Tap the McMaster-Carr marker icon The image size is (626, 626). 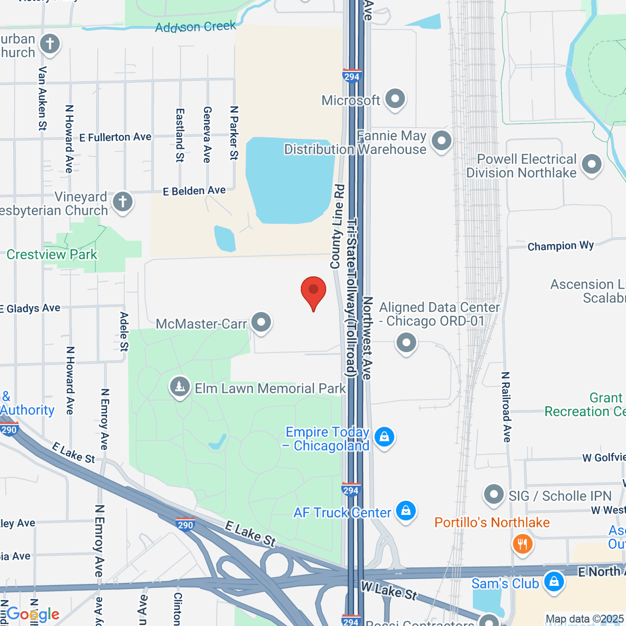[261, 322]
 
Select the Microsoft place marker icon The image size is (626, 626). [395, 99]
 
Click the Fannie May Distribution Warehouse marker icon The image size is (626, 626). [442, 141]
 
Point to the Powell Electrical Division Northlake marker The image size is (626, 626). [592, 164]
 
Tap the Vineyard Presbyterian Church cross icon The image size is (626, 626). [123, 201]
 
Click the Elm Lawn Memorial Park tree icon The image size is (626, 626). [180, 387]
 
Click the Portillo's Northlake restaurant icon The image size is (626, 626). [522, 544]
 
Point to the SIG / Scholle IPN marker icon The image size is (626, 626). [493, 494]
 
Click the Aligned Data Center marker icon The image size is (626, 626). [406, 343]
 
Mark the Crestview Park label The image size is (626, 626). [52, 255]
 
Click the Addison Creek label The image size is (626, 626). [195, 27]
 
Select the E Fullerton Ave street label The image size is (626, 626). [115, 137]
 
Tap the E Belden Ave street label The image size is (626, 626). [194, 191]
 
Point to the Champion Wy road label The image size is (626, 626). [560, 246]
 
